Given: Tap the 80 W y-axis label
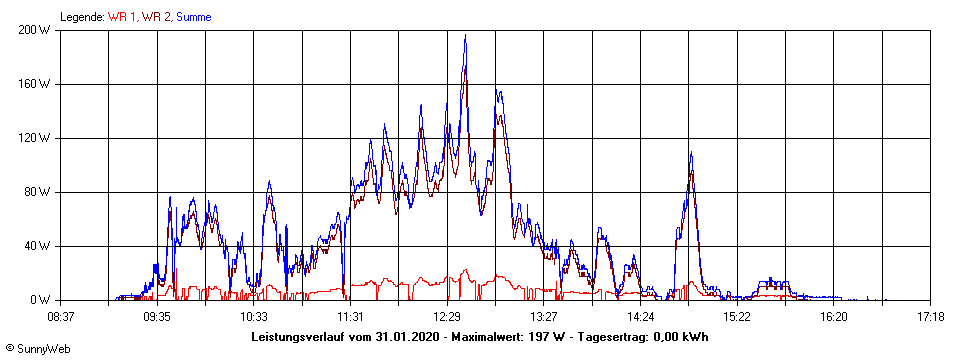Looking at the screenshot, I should pyautogui.click(x=39, y=192).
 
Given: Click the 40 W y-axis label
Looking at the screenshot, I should pyautogui.click(x=39, y=246).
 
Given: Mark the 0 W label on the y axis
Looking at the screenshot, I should pyautogui.click(x=42, y=300).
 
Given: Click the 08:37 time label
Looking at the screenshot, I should pyautogui.click(x=60, y=316).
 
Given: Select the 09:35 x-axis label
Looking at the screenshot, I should pyautogui.click(x=157, y=316).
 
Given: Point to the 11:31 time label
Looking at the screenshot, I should pyautogui.click(x=350, y=316).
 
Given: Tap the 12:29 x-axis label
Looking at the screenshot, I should pyautogui.click(x=447, y=316).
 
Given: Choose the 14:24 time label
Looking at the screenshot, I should pyautogui.click(x=640, y=316).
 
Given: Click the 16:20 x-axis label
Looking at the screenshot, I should pyautogui.click(x=833, y=316).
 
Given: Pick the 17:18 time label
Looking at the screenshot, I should pyautogui.click(x=930, y=316).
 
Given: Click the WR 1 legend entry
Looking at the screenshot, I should pyautogui.click(x=123, y=17).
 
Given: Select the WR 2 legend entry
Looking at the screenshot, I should pyautogui.click(x=156, y=17).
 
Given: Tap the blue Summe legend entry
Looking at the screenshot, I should pyautogui.click(x=194, y=17).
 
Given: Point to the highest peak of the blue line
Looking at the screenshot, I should pyautogui.click(x=465, y=37).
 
